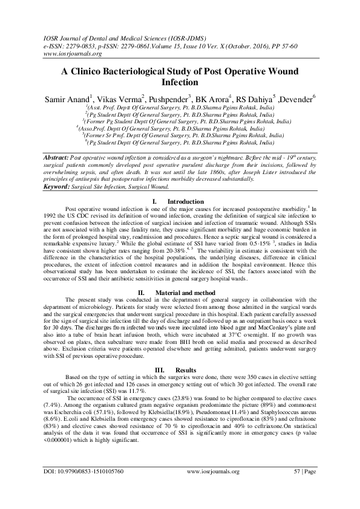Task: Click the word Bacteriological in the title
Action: coord(137,70)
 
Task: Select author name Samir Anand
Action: coord(64,97)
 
